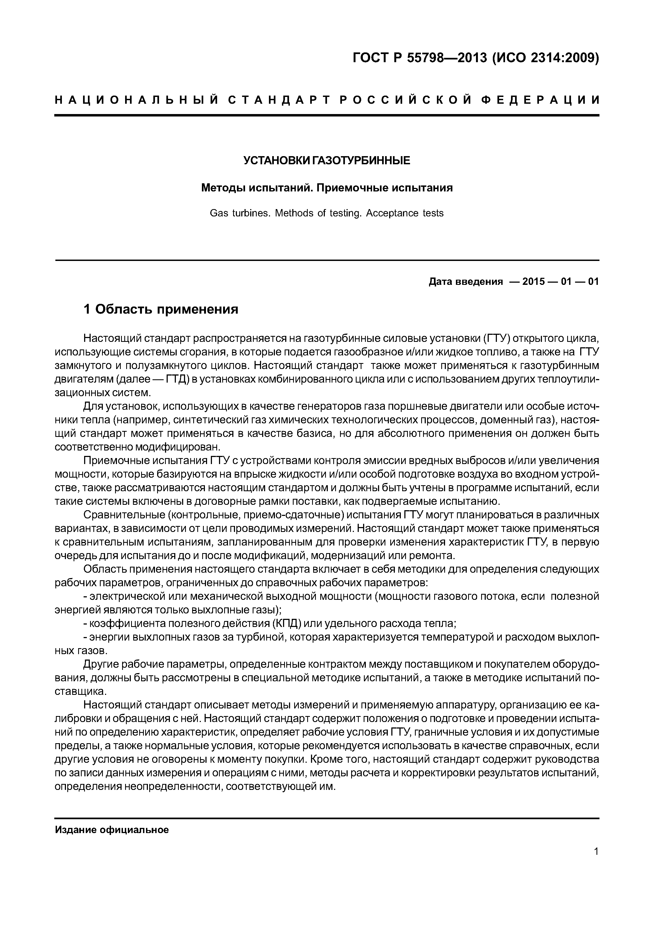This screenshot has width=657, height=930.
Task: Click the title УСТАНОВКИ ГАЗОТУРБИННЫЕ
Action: (327, 161)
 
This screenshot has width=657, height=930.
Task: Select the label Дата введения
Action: (465, 282)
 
